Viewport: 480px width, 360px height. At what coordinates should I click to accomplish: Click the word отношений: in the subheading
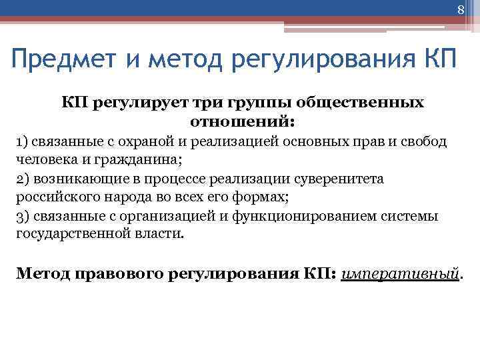coord(243,123)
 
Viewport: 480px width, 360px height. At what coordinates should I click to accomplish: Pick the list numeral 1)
coord(22,142)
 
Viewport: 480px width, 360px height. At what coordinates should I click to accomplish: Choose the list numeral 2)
coord(23,179)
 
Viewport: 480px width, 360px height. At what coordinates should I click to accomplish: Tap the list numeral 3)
coord(23,217)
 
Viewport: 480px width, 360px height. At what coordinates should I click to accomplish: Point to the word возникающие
coord(73,179)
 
